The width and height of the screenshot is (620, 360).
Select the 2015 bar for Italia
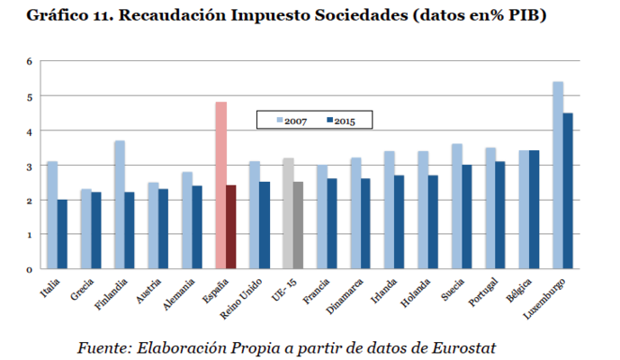(x=62, y=234)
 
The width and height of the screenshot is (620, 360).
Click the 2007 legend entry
(x=292, y=121)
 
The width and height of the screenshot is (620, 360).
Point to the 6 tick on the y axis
(x=29, y=61)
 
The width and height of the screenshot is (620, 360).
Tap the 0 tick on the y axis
(x=29, y=269)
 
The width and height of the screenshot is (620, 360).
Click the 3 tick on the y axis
(x=29, y=166)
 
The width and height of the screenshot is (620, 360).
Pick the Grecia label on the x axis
(x=84, y=289)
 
